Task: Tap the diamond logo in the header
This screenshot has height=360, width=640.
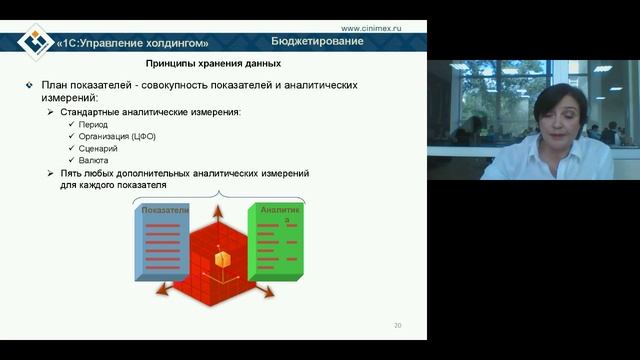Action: click(x=37, y=41)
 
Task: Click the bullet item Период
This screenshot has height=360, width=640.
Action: click(x=95, y=124)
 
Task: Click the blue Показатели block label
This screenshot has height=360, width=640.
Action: click(x=165, y=211)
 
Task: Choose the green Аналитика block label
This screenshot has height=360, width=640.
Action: click(x=279, y=212)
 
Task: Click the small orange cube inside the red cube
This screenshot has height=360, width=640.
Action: click(x=223, y=260)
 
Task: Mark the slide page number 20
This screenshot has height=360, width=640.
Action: click(x=398, y=326)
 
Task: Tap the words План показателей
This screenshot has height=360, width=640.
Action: click(x=84, y=86)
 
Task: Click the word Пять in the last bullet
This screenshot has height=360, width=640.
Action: click(x=74, y=173)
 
